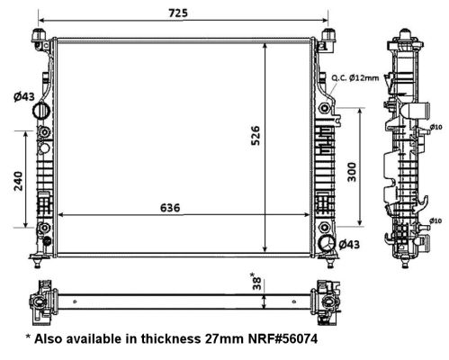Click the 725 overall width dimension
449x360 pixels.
tap(178, 13)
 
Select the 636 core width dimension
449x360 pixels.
tap(170, 208)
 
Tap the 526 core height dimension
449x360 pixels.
tap(256, 136)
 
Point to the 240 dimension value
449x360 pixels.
tap(18, 181)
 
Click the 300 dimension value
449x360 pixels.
tap(352, 172)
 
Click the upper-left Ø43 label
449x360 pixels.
tap(24, 96)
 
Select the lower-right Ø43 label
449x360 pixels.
tap(349, 245)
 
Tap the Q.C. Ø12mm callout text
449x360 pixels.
tap(355, 78)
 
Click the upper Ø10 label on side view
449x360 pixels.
tap(436, 127)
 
